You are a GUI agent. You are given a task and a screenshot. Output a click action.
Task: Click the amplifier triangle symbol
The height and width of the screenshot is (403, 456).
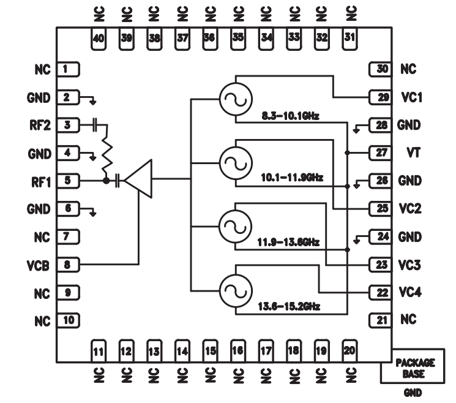(140, 179)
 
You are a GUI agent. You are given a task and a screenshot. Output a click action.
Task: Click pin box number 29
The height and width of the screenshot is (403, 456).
(380, 97)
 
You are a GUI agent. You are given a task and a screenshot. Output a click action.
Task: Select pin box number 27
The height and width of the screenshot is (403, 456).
(380, 153)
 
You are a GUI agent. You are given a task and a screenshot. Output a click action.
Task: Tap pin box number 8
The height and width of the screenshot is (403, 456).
(69, 265)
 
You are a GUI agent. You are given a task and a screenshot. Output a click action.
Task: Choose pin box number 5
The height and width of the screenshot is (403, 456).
(69, 181)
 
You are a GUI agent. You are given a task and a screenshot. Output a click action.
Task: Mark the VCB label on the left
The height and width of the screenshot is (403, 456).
(38, 265)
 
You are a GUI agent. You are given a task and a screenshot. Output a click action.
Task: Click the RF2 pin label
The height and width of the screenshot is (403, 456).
(38, 125)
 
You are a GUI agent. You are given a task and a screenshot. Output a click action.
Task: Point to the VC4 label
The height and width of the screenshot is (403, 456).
(409, 293)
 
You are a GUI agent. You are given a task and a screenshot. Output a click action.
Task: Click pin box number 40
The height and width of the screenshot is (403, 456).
(99, 38)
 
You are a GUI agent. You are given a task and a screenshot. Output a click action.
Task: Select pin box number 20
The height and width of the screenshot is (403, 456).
(349, 351)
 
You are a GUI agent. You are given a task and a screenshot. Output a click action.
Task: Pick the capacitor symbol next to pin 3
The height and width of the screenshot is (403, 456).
(94, 125)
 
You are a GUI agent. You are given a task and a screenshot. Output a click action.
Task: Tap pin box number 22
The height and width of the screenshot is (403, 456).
(380, 293)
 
